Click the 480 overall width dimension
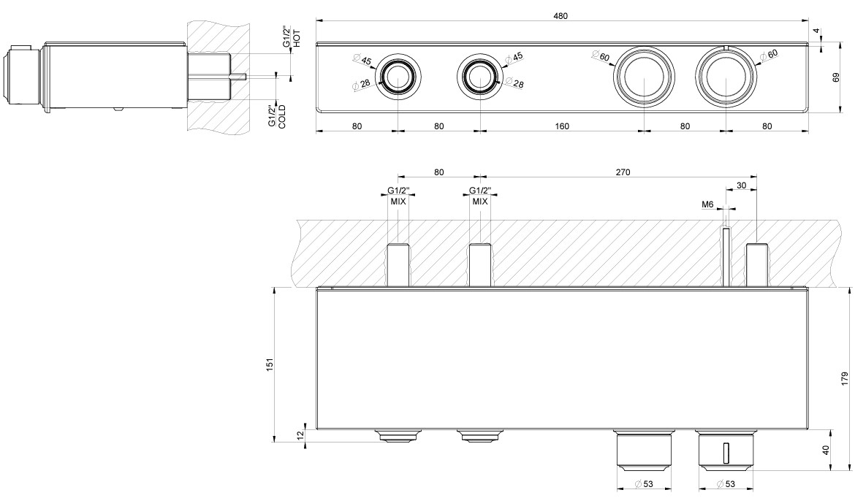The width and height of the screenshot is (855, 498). click(561, 15)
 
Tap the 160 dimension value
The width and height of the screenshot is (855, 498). click(561, 126)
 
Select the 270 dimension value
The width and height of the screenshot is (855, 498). click(623, 172)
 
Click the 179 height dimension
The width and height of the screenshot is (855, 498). click(845, 378)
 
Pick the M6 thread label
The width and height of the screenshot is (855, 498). click(707, 205)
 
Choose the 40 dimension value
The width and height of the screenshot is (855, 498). click(826, 451)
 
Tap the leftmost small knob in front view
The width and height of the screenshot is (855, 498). click(397, 77)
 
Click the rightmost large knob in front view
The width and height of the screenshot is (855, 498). click(725, 77)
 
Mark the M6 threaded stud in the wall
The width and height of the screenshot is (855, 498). click(726, 256)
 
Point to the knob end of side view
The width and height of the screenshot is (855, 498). click(17, 77)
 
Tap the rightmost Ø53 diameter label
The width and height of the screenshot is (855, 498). click(725, 483)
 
